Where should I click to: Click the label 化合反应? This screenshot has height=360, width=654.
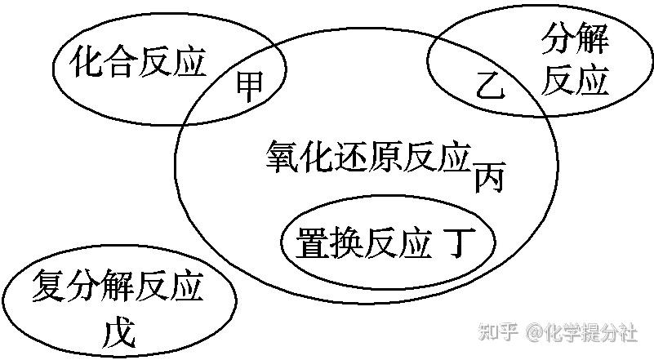click(139, 63)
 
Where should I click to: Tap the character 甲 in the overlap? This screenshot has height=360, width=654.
click(251, 86)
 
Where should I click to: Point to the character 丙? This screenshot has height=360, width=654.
click(490, 177)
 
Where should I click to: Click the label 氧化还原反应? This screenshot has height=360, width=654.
click(369, 155)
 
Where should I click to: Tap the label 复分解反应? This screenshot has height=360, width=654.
click(118, 287)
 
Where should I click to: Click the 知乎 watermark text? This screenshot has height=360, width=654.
click(498, 332)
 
